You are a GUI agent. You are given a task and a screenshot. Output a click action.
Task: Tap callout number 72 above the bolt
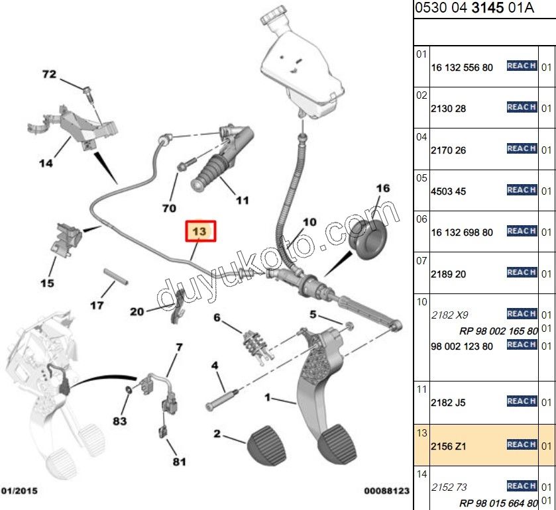pyautogui.click(x=50, y=74)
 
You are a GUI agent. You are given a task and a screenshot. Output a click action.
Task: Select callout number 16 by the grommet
pyautogui.click(x=383, y=189)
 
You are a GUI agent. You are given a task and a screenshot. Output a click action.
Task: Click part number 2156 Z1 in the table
pyautogui.click(x=449, y=447)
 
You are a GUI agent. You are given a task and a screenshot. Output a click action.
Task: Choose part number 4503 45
pyautogui.click(x=449, y=191)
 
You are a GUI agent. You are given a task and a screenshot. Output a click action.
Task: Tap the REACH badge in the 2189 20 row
pyautogui.click(x=522, y=272)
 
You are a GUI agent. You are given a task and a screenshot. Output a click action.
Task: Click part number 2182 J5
pyautogui.click(x=449, y=402)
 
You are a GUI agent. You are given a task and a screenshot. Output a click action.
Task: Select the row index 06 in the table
pyautogui.click(x=421, y=219)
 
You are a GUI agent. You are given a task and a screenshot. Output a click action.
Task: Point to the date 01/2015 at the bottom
pyautogui.click(x=19, y=491)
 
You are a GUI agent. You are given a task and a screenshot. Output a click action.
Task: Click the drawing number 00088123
pyautogui.click(x=387, y=491)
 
